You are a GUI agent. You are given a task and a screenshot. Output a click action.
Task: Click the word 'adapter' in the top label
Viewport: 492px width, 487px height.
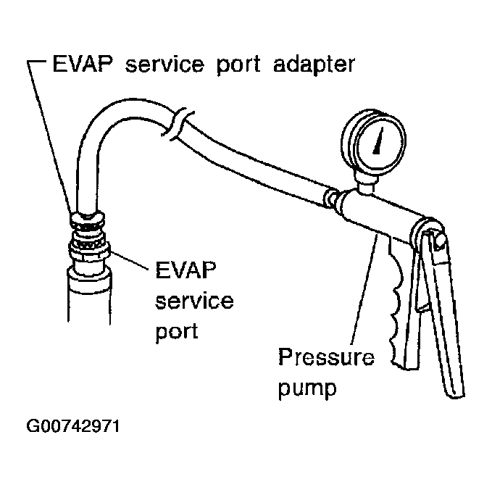[316, 64]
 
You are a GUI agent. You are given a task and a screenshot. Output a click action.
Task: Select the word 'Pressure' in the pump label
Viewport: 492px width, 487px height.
[327, 359]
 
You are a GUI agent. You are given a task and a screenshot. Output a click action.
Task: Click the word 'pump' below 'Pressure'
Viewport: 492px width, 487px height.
[308, 388]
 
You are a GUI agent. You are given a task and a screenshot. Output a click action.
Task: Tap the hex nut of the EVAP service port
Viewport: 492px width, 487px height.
[88, 251]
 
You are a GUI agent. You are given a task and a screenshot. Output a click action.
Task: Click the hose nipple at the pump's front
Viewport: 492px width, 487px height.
[334, 198]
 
